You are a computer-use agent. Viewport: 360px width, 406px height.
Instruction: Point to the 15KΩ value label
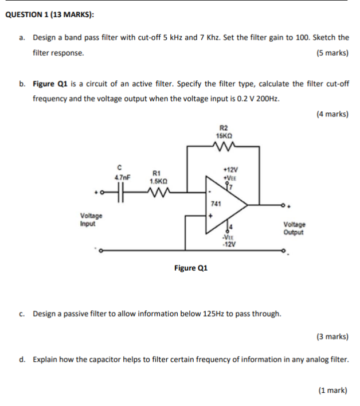click(x=224, y=135)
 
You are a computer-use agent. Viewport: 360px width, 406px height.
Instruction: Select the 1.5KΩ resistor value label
click(x=158, y=180)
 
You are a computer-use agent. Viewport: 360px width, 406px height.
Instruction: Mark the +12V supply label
click(x=230, y=170)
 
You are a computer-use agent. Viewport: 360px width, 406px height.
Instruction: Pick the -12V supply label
click(x=229, y=245)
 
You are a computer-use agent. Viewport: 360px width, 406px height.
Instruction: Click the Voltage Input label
click(x=91, y=220)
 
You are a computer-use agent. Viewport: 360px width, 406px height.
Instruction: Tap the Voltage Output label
click(x=294, y=229)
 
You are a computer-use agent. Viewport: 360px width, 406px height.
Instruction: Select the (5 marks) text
click(x=332, y=53)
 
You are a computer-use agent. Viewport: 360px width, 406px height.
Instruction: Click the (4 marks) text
click(x=332, y=114)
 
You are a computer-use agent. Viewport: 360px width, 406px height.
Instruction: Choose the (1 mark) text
click(x=333, y=390)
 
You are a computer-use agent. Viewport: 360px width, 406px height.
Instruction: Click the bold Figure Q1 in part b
click(x=51, y=84)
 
